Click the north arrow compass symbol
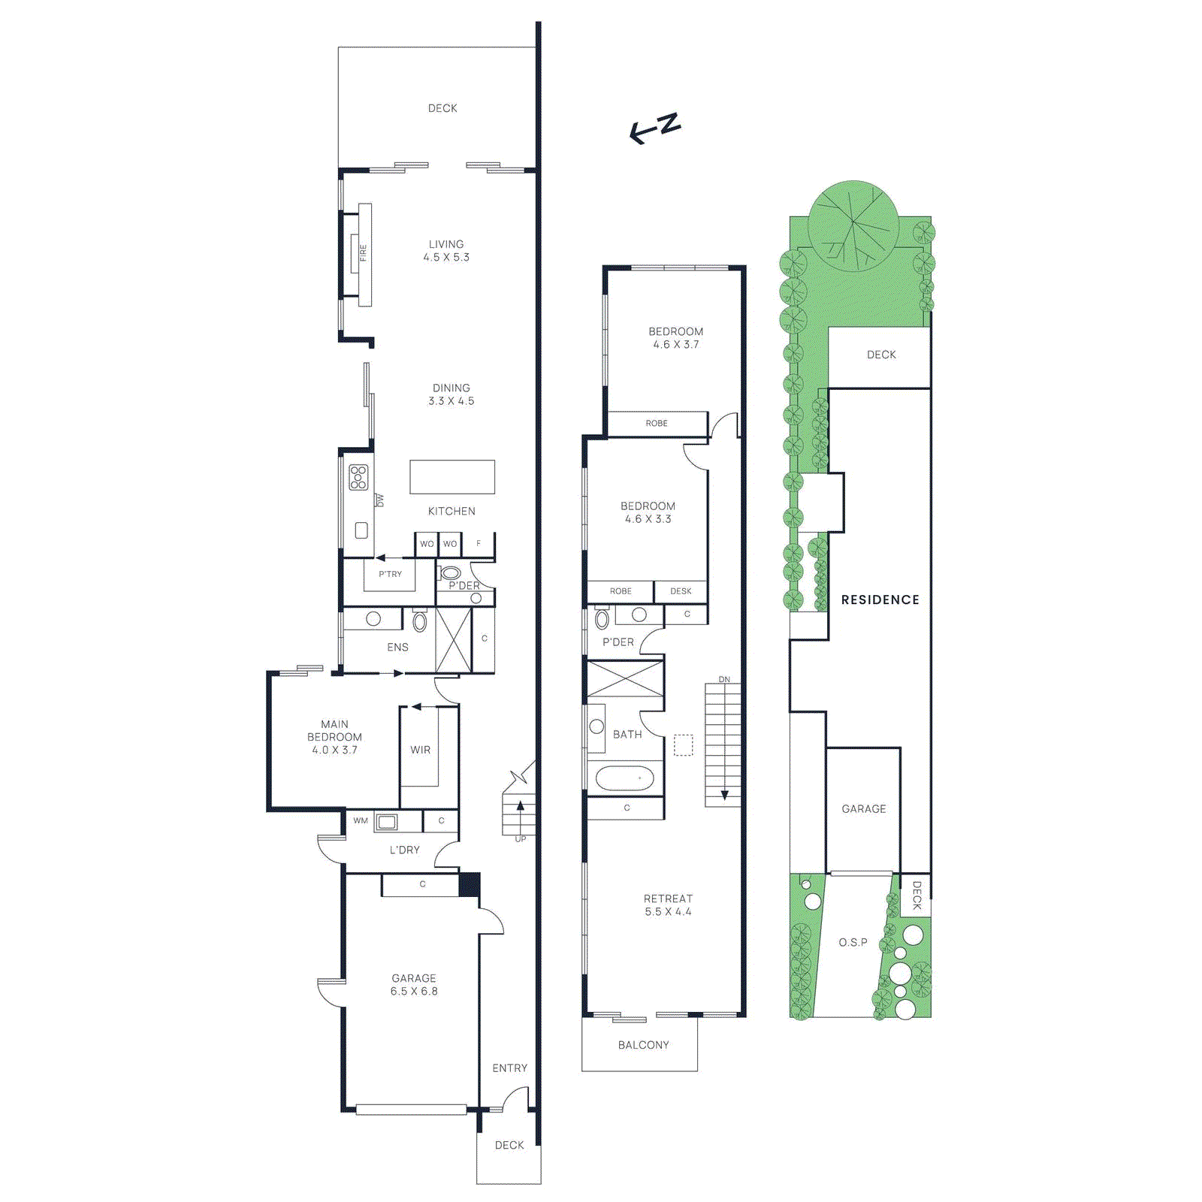coord(655,128)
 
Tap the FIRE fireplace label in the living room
coord(364,252)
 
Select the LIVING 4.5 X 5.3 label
coord(446,250)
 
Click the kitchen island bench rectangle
coord(452,476)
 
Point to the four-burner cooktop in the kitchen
coord(358,478)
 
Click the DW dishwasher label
coord(380,500)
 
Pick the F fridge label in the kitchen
coord(479,543)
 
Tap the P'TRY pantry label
coord(390,574)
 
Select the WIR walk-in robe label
coord(420,750)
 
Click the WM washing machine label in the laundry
coord(361,820)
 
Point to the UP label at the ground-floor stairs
coord(521,838)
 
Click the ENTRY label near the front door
coord(509,1068)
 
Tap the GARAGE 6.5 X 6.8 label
coord(414,984)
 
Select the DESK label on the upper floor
coord(681,591)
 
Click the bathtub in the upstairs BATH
coord(624,778)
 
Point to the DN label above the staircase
coord(724,679)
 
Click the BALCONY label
coord(643,1045)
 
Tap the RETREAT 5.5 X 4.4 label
coord(668,905)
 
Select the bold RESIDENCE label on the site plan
coord(880,599)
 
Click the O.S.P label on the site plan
coord(853,942)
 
